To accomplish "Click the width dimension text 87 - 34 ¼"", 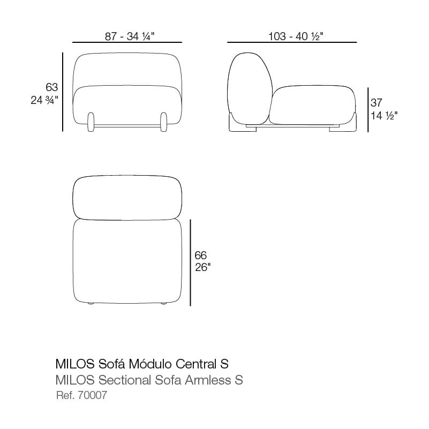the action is pos(130,36).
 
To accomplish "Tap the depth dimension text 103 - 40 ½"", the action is pos(296,36).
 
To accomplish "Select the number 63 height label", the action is pos(52,87).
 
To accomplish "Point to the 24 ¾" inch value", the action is pos(44,100).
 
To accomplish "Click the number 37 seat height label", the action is pos(376,103).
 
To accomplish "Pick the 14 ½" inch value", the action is pos(384,116).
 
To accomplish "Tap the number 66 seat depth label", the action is pos(200,255).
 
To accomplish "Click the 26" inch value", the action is pos(203,267).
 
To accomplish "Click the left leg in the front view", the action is pos(91,122).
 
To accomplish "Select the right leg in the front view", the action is pos(163,122).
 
